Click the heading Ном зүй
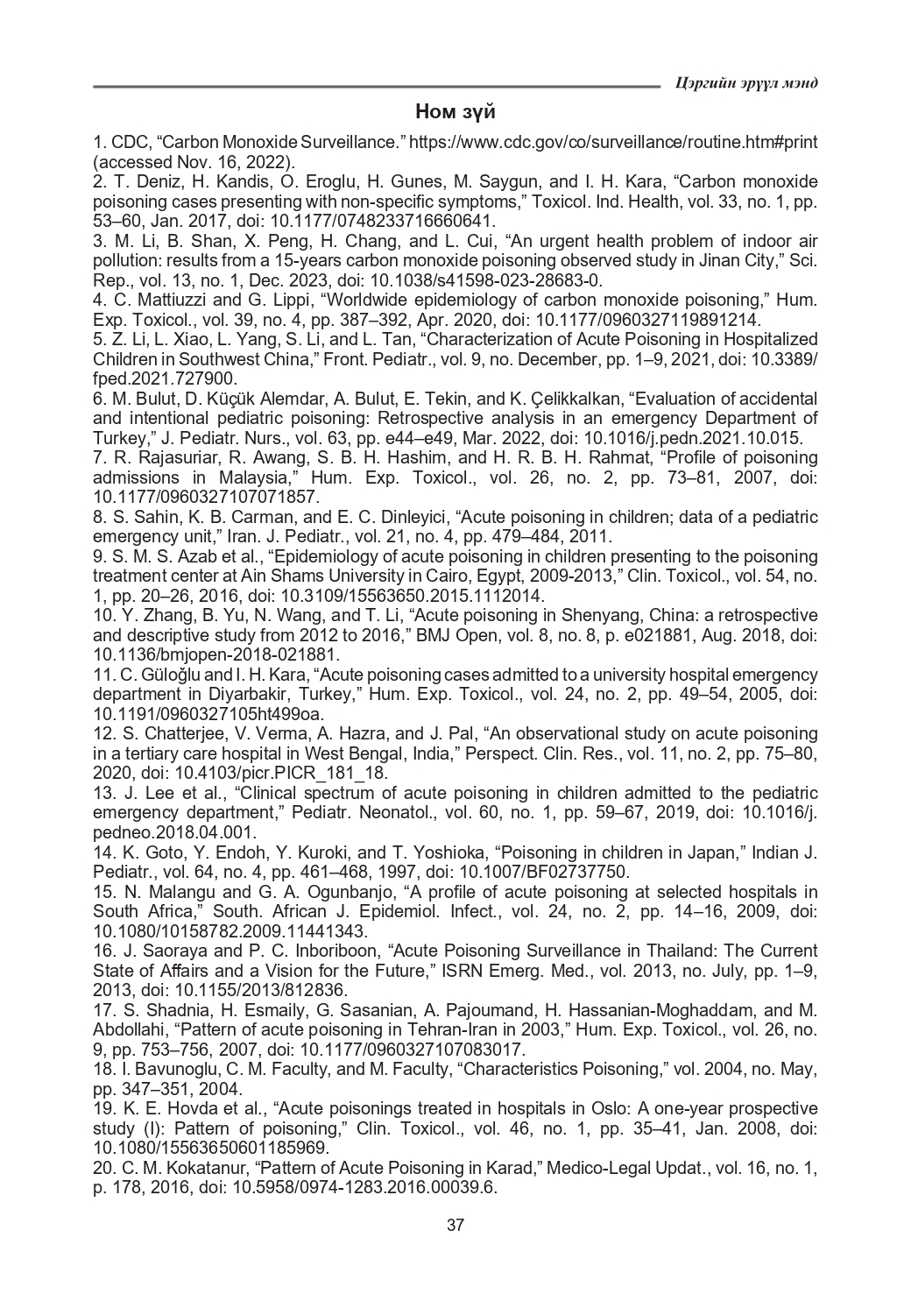[455, 112]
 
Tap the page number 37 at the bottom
[455, 1225]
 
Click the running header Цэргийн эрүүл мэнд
[747, 83]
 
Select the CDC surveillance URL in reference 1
[614, 142]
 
